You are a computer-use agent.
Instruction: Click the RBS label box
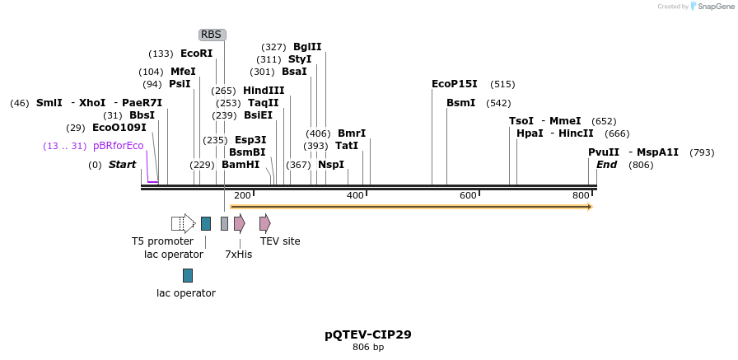coord(212,35)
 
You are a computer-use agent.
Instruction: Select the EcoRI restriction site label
coord(196,54)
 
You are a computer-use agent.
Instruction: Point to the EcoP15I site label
coord(454,84)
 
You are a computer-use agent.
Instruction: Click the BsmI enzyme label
coord(460,103)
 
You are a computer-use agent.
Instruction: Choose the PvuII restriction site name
coord(604,152)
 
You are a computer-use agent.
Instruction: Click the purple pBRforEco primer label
coord(119,146)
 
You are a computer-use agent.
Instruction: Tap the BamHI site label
coord(241,165)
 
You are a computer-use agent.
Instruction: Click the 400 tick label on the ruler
coord(355,195)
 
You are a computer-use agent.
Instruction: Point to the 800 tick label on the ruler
coord(582,195)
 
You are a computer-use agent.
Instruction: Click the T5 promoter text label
coord(162,241)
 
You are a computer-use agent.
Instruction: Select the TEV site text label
coord(280,241)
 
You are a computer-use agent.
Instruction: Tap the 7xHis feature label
coord(238,255)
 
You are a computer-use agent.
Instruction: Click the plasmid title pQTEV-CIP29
coord(368,334)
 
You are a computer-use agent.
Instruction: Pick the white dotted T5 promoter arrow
coord(182,223)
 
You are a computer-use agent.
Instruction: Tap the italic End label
coord(606,165)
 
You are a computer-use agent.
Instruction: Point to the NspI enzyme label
coord(331,165)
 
